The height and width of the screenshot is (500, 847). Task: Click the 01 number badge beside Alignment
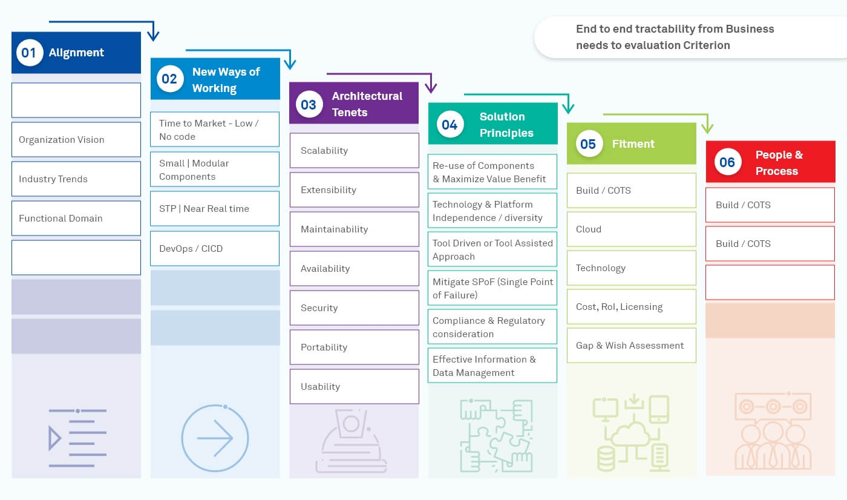[x=29, y=53]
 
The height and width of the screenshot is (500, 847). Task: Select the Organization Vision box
[x=76, y=140]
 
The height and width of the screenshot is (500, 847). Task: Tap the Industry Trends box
[x=76, y=179]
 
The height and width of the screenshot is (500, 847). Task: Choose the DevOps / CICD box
[x=215, y=249]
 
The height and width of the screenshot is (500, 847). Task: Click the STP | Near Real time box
[x=215, y=209]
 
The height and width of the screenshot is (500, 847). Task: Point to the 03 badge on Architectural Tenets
[x=309, y=104]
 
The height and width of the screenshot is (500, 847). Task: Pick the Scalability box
[x=354, y=151]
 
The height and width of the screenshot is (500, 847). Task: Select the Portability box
[x=354, y=347]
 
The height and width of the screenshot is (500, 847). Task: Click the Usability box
[x=354, y=387]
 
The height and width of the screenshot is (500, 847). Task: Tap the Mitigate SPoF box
[x=492, y=288]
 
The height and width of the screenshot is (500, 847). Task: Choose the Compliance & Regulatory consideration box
[x=492, y=327]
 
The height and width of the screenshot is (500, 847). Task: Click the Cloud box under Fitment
[x=631, y=229]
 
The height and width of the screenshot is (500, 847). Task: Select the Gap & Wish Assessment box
[x=631, y=346]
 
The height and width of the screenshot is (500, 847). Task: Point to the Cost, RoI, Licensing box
[x=631, y=307]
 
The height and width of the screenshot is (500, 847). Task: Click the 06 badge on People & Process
[x=727, y=162]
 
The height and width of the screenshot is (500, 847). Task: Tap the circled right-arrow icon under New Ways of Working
[x=215, y=438]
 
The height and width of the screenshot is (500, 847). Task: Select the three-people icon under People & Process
[x=772, y=430]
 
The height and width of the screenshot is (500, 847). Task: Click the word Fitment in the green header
[x=633, y=144]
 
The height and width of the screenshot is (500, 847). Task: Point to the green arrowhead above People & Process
[x=707, y=128]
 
